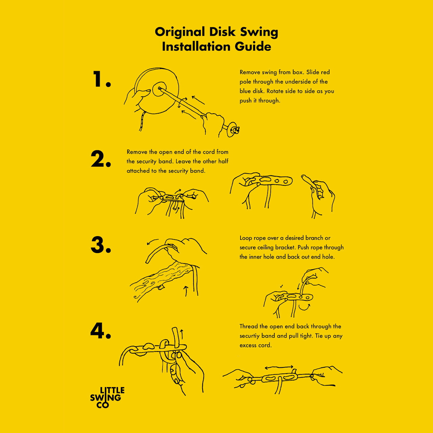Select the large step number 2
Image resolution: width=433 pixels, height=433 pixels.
[101, 159]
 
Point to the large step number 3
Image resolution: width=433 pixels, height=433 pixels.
[101, 245]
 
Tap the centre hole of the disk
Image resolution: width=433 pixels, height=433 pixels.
[159, 88]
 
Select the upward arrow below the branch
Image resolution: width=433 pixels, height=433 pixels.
[186, 291]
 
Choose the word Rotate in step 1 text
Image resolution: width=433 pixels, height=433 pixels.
[276, 91]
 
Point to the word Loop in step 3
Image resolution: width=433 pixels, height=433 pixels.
[245, 238]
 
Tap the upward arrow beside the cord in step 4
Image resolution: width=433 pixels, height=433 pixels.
[182, 334]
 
